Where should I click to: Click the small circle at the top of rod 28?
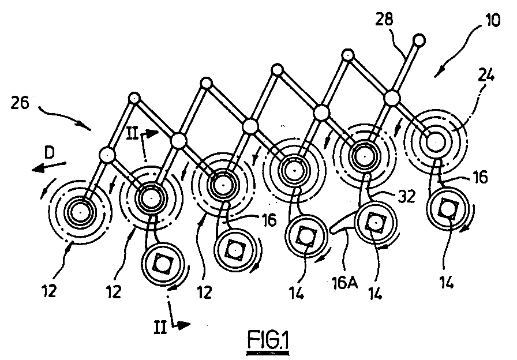tap(419, 40)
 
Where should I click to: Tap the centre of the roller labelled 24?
tap(435, 140)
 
